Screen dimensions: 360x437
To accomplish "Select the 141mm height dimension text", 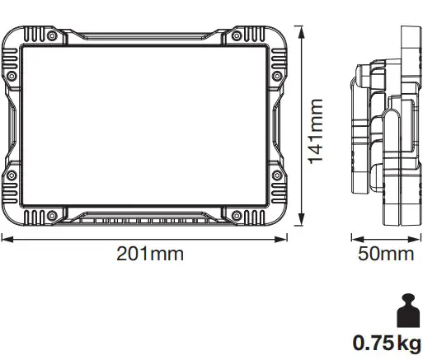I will tap(316, 130).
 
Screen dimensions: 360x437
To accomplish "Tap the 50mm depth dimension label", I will tap(386, 255).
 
